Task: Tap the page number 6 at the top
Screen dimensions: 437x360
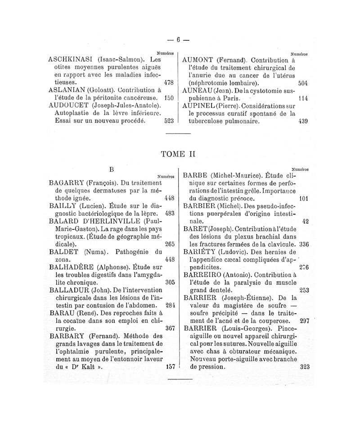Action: (178, 40)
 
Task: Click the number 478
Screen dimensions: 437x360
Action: (169, 83)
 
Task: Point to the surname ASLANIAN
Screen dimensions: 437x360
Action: (67, 89)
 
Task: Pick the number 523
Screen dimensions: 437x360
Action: (169, 120)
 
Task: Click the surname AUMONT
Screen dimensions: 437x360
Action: (198, 60)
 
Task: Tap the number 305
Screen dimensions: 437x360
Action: (170, 283)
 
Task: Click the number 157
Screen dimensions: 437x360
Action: (170, 366)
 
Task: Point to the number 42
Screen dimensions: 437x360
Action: (306, 221)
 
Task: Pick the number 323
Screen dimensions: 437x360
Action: (305, 366)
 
